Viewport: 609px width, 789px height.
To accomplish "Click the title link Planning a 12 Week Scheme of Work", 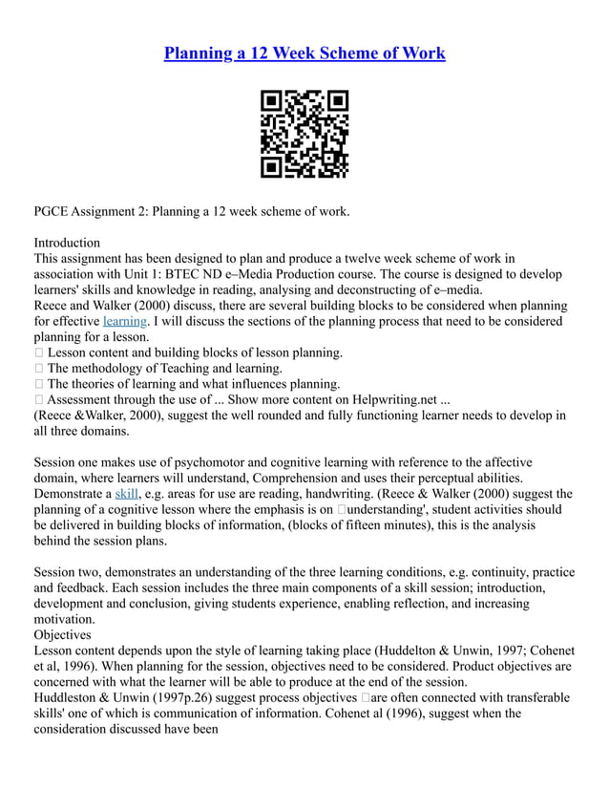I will click(304, 53).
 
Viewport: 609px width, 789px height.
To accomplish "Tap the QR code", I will click(304, 135).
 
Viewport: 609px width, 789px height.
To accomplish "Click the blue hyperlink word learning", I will click(124, 321).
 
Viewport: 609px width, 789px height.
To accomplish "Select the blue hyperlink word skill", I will click(126, 494).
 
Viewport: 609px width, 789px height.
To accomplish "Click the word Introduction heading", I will click(67, 243).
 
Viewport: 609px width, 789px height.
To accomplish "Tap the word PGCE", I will click(53, 211).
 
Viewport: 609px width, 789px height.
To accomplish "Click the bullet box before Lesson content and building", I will click(38, 352).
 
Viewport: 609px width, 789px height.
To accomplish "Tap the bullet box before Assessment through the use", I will click(38, 399).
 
